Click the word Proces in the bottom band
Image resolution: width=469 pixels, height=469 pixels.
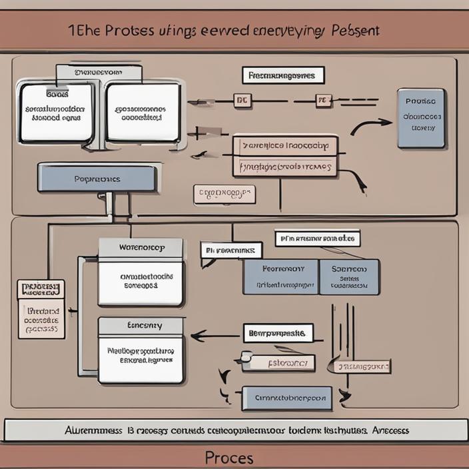point(229,458)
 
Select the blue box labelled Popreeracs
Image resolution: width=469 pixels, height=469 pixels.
point(97,179)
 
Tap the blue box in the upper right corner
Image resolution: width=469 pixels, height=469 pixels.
point(420,118)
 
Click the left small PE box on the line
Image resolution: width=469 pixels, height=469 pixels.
point(240,101)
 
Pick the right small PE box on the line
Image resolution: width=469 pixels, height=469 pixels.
point(323,101)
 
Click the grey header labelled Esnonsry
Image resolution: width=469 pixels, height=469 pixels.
point(141,326)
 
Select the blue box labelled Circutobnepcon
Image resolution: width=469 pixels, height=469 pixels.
point(286,398)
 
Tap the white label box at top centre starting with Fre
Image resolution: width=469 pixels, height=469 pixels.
point(282,75)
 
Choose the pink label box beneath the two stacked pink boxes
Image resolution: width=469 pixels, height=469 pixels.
point(225,194)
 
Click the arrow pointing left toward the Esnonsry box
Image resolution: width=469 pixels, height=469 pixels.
point(213,336)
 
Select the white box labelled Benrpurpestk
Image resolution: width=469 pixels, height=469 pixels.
point(278,332)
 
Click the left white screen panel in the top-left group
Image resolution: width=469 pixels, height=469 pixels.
point(57,112)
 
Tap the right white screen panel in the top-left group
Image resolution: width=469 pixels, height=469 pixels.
point(143,112)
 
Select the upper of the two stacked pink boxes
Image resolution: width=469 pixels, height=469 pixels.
point(284,145)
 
